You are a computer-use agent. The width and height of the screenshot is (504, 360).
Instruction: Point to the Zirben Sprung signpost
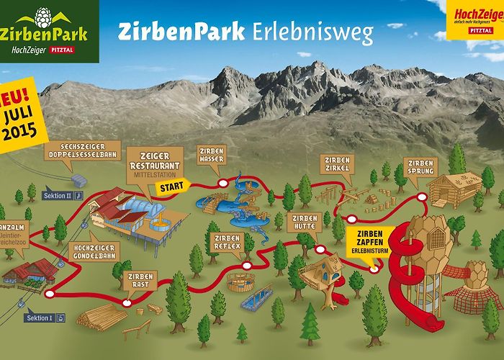point(418,167)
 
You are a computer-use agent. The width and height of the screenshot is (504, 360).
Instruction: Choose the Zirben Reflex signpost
point(226,243)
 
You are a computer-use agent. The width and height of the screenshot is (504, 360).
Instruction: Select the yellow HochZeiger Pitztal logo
point(477,17)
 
